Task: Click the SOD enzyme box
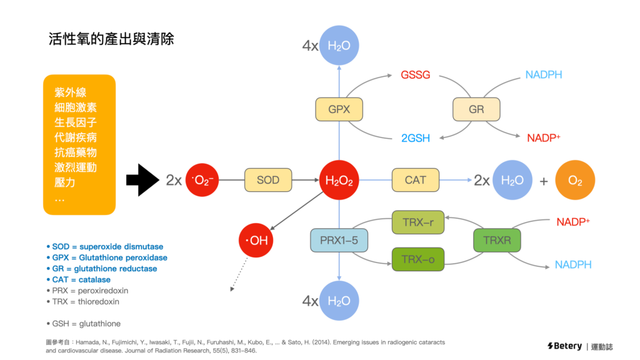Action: click(268, 180)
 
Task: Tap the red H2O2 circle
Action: click(339, 181)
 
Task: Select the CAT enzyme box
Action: click(416, 180)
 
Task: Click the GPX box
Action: click(339, 109)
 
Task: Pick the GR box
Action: click(476, 109)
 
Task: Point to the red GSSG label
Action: click(415, 75)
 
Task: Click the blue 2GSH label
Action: click(416, 138)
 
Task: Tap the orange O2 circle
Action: click(575, 181)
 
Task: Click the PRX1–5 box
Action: click(339, 241)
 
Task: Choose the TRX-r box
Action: click(418, 222)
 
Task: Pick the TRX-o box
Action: click(418, 259)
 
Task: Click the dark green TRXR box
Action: click(497, 241)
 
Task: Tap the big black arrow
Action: click(144, 181)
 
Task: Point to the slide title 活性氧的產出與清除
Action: click(111, 39)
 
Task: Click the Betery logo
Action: click(564, 346)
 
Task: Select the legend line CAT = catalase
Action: click(78, 279)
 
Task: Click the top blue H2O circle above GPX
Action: click(339, 45)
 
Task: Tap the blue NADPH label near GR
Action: click(543, 75)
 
